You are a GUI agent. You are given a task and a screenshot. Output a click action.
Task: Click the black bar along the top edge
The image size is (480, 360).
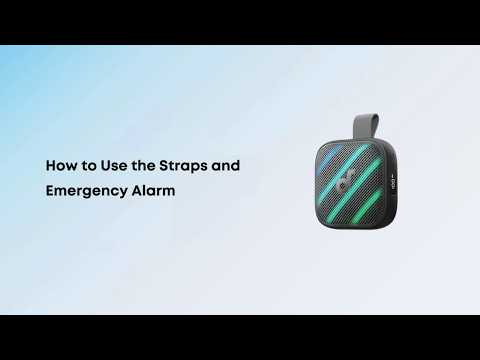point(240,22)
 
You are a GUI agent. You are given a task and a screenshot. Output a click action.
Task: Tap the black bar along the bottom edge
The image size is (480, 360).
point(240,337)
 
